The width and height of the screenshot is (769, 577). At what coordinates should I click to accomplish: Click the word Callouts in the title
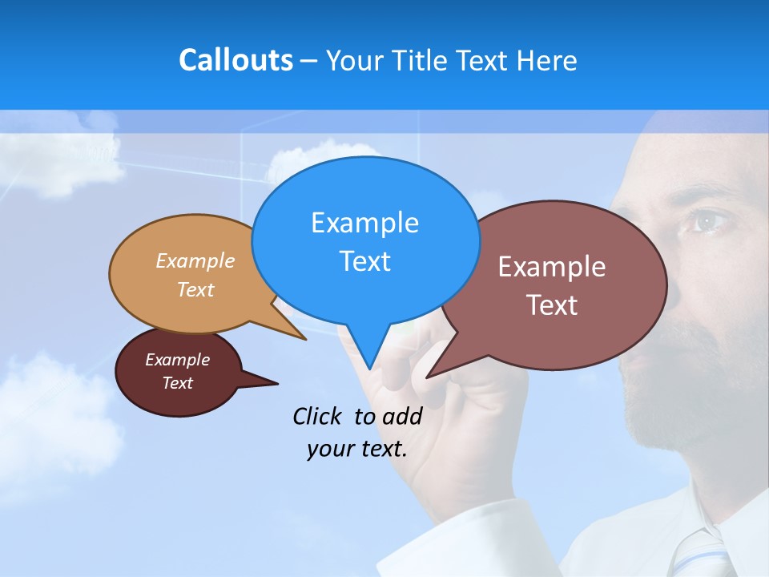236,60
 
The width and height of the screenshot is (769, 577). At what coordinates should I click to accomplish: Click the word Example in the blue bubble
364,222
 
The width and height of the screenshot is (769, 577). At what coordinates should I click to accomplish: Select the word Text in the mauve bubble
552,305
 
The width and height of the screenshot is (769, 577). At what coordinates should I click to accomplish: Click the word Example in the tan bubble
195,260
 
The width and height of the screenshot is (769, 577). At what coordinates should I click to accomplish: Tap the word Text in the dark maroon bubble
177,383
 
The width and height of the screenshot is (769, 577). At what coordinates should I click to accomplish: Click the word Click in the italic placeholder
318,416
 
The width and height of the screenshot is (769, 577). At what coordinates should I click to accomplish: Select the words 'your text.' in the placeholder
357,449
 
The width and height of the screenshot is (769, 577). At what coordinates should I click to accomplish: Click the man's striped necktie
697,553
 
